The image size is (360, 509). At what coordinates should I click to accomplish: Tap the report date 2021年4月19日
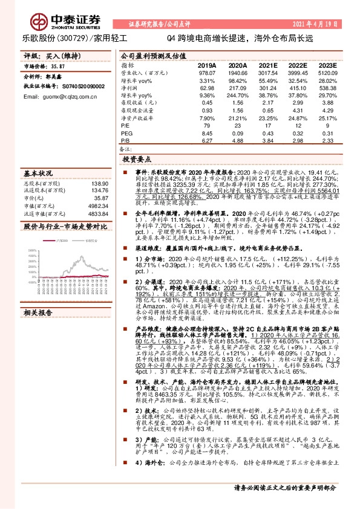click(x=324, y=24)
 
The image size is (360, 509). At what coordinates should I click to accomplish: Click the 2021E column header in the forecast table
click(x=268, y=65)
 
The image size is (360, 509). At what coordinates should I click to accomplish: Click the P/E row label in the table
click(x=125, y=125)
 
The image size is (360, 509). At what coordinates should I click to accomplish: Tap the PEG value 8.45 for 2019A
click(x=208, y=133)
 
